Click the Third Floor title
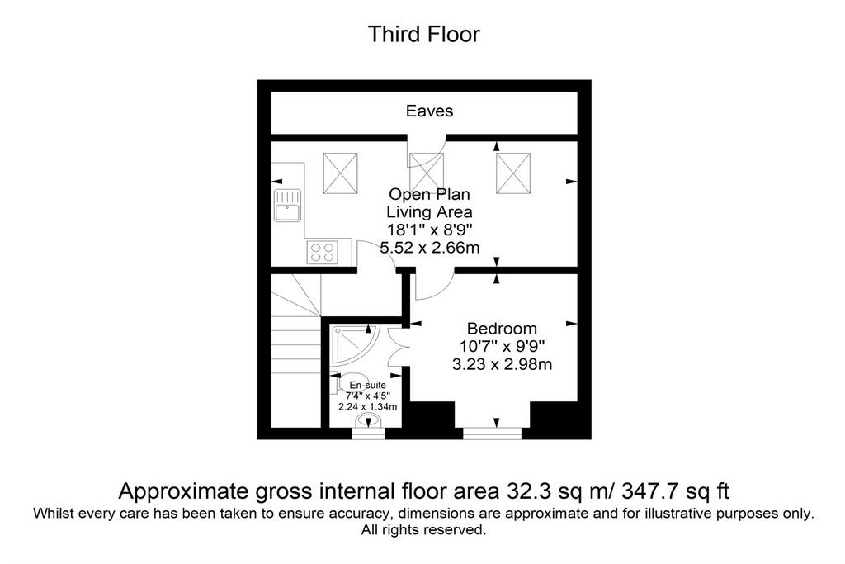423,34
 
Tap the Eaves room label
429,111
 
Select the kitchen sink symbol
288,205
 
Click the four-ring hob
323,252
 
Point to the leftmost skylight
340,173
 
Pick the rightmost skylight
513,173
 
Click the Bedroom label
502,329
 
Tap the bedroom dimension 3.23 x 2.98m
502,364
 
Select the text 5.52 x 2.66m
429,248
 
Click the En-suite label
367,385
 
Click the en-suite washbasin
368,420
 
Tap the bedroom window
493,433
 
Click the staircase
296,350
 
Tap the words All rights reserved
423,529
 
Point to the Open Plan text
429,194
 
